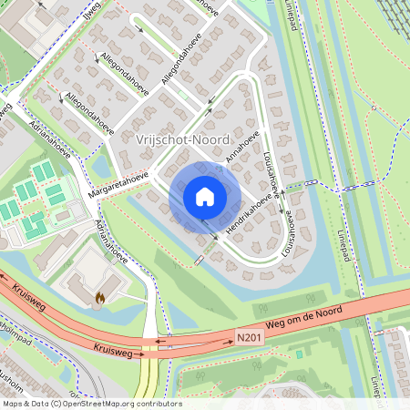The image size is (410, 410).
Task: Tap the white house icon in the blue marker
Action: tap(205, 197)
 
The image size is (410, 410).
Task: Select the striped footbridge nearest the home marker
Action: tap(199, 261)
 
